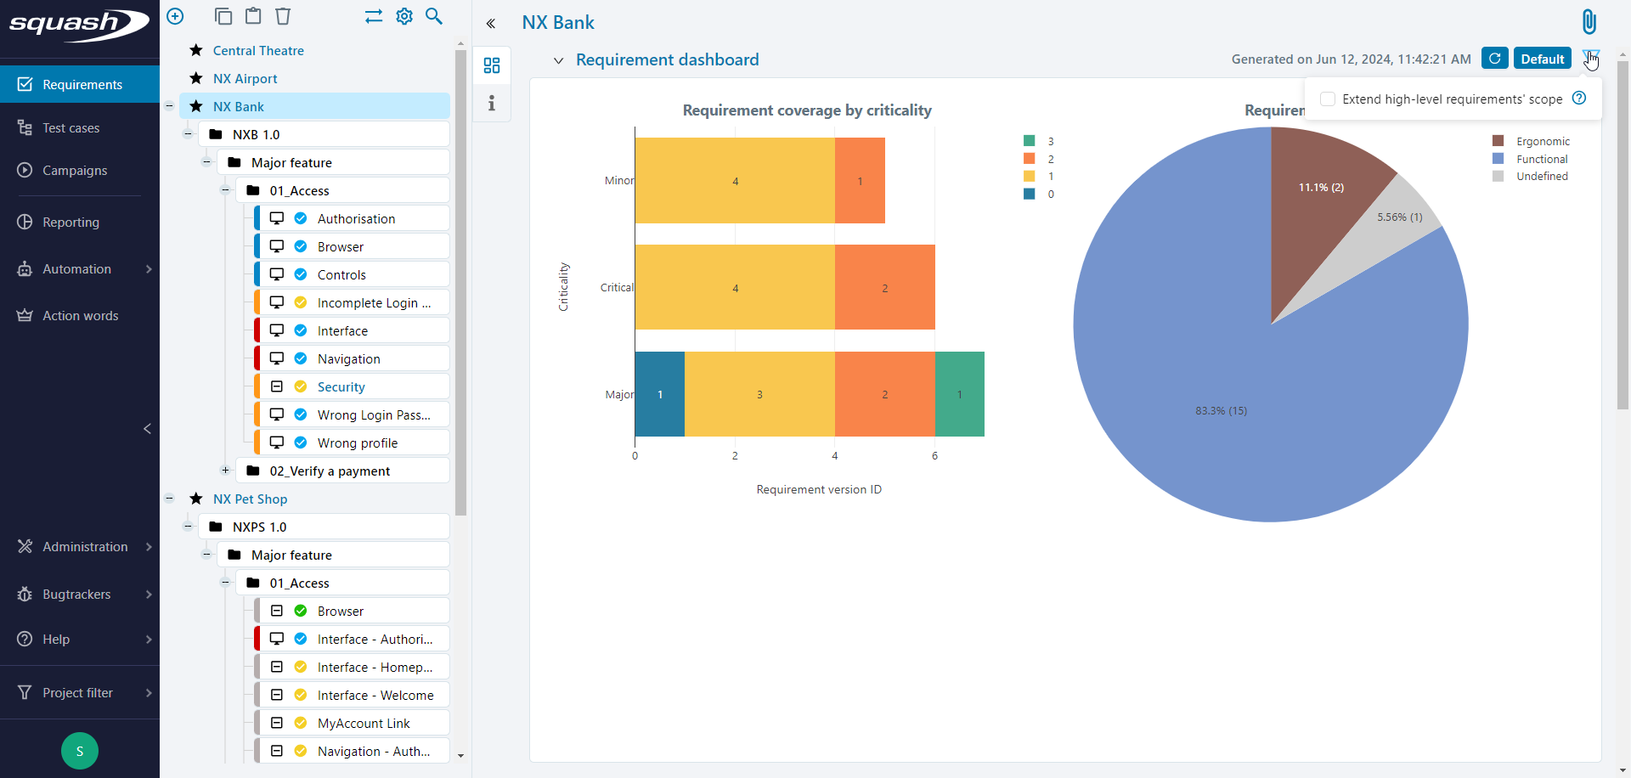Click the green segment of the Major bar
click(959, 394)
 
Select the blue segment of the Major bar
click(659, 394)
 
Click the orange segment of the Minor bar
click(860, 181)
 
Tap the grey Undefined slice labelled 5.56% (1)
click(1399, 217)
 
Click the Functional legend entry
click(1541, 159)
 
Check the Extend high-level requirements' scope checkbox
click(1328, 99)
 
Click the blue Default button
click(1542, 59)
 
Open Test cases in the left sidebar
click(71, 128)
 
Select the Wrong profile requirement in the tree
click(357, 443)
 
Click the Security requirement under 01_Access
click(341, 387)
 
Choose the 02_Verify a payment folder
click(330, 471)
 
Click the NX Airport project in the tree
click(245, 79)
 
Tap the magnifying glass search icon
click(434, 16)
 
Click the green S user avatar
click(80, 751)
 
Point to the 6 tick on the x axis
click(934, 456)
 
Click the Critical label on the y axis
click(617, 288)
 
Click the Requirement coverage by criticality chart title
click(807, 110)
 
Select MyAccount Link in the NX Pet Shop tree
click(364, 724)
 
